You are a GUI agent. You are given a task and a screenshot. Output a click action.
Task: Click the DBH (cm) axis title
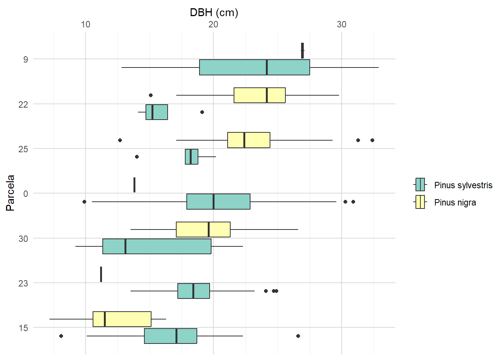click(x=214, y=12)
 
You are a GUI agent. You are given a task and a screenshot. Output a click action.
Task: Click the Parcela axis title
click(x=10, y=193)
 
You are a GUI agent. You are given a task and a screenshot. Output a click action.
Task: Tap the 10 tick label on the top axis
click(x=85, y=24)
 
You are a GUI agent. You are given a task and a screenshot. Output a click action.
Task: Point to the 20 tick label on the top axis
click(x=213, y=24)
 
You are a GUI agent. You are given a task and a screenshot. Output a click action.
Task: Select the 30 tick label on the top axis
click(x=342, y=24)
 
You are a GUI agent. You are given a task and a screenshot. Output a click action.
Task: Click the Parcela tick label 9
click(x=25, y=59)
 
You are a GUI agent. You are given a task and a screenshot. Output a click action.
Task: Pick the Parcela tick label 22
click(x=23, y=104)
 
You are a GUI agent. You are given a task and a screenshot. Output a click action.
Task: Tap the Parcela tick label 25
click(x=23, y=149)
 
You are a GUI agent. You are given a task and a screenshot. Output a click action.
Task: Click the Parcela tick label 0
click(x=25, y=193)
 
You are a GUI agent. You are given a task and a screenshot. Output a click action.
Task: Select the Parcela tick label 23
click(x=23, y=283)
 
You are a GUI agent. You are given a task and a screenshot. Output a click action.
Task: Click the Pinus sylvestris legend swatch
click(x=420, y=185)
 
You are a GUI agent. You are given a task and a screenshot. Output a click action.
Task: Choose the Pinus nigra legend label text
click(x=455, y=202)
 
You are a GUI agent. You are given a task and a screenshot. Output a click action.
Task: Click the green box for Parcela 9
click(x=254, y=67)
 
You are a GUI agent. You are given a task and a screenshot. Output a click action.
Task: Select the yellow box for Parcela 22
click(x=259, y=95)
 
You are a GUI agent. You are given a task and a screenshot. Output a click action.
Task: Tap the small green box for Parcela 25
click(x=191, y=157)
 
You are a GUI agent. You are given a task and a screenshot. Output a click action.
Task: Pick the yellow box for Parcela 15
click(x=122, y=319)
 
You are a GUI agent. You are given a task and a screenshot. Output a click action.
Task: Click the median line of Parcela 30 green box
click(x=126, y=246)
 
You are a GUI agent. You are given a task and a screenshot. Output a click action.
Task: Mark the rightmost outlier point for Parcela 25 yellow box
click(x=372, y=140)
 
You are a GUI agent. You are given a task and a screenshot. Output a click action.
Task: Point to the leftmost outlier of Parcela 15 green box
click(x=61, y=336)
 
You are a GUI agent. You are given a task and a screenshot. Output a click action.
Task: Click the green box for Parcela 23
click(x=193, y=291)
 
